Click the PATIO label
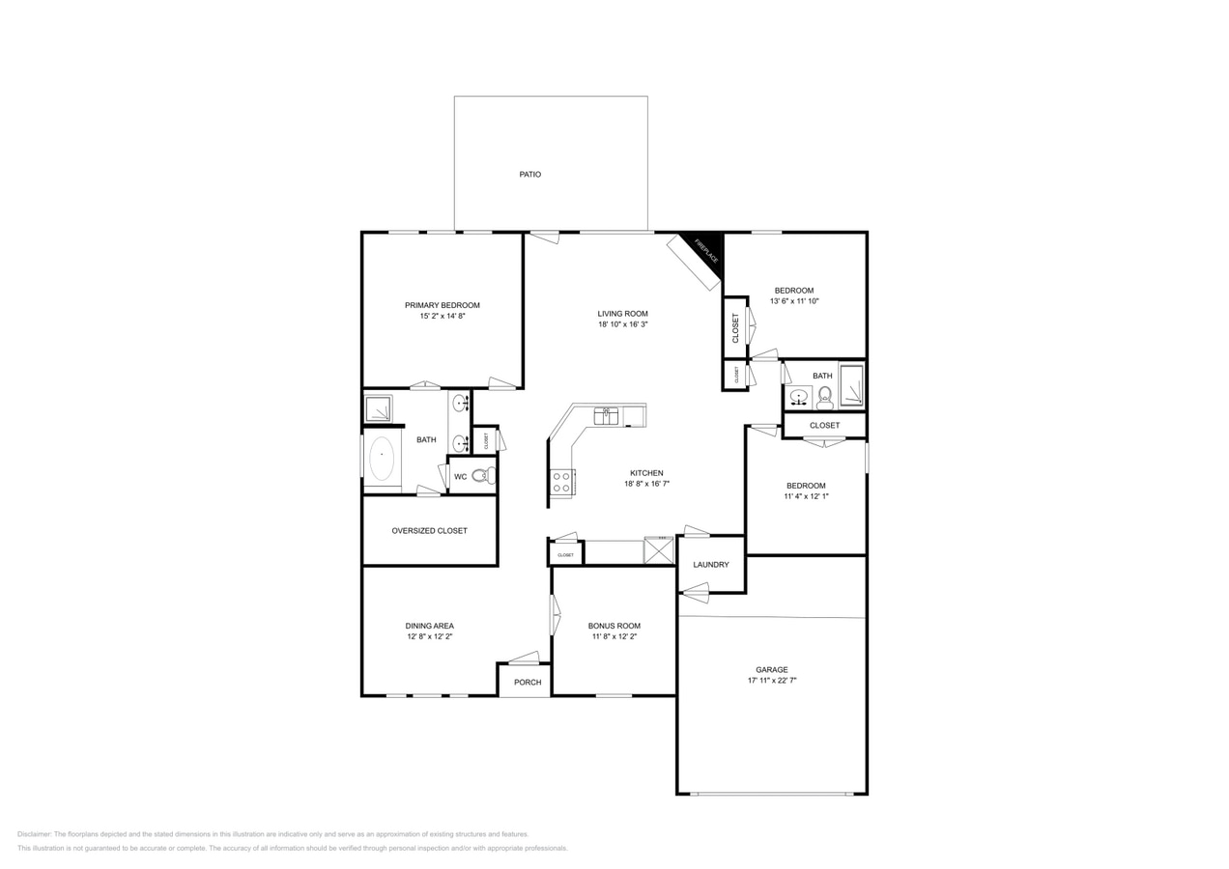[x=529, y=175]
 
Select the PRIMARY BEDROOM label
[x=442, y=305]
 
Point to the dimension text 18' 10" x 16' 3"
[x=622, y=324]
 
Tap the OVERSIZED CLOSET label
[x=429, y=531]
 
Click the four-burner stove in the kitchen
[x=561, y=483]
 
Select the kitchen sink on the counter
[x=606, y=416]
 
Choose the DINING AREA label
[x=429, y=626]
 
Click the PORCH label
[x=528, y=683]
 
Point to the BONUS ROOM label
[x=615, y=626]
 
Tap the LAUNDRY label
[x=711, y=565]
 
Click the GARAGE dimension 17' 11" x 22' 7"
[x=772, y=681]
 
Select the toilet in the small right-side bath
[x=824, y=397]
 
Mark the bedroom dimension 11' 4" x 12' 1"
[x=806, y=496]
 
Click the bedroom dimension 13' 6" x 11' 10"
[x=794, y=301]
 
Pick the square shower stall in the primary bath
[x=378, y=409]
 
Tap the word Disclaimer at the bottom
[x=35, y=834]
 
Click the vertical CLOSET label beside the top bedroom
[x=735, y=327]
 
